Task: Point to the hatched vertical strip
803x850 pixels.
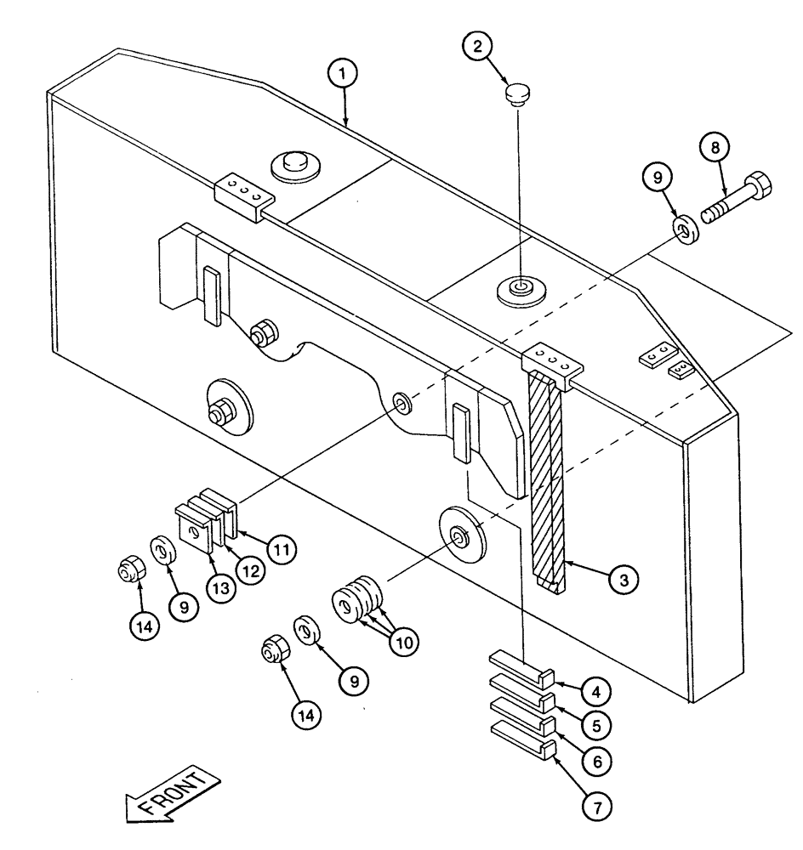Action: click(545, 476)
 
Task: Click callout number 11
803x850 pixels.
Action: click(281, 549)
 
